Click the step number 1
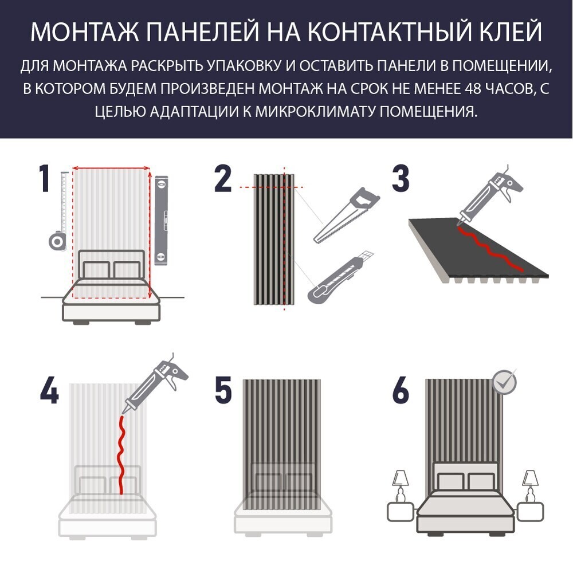click(x=45, y=178)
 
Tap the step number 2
click(x=222, y=178)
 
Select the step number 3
click(x=401, y=178)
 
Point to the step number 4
click(x=49, y=391)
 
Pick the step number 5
click(x=223, y=391)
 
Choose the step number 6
click(x=401, y=391)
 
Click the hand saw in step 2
click(x=346, y=215)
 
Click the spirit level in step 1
click(x=161, y=221)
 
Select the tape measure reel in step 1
click(x=57, y=241)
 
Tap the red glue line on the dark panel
click(x=489, y=249)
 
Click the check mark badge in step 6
click(x=504, y=382)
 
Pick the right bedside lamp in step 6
click(x=530, y=486)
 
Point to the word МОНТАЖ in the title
click(x=85, y=32)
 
